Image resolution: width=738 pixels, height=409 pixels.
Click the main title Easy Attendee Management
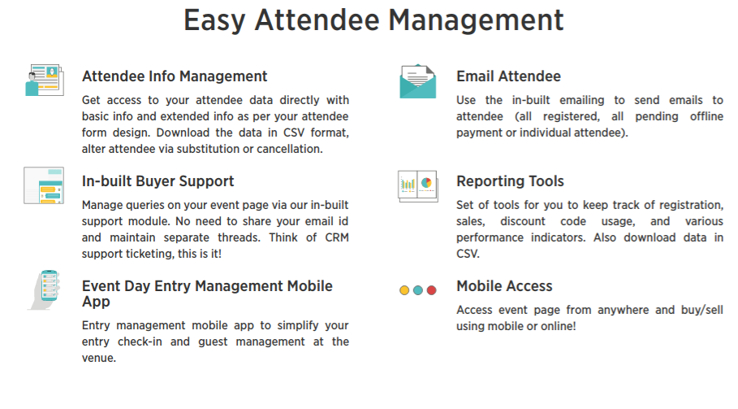(373, 20)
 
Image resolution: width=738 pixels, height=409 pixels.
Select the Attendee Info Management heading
(175, 76)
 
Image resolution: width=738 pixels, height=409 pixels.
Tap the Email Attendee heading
(508, 76)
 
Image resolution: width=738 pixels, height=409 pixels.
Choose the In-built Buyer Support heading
(158, 181)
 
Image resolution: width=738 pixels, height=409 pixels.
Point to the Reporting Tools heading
(510, 181)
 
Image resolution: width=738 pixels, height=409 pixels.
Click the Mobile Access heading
(504, 286)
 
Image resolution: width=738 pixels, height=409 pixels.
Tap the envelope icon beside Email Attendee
(418, 81)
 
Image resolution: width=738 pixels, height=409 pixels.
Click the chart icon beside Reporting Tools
(418, 186)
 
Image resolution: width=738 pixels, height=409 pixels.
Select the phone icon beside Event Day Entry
(45, 289)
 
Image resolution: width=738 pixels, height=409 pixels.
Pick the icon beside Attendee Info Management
(44, 80)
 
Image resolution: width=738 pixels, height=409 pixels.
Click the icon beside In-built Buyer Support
(44, 185)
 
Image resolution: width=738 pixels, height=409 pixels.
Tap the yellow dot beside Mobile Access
(404, 290)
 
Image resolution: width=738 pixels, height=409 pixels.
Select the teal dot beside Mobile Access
(418, 290)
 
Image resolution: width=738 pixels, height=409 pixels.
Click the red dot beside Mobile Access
(432, 290)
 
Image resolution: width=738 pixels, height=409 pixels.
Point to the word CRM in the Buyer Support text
(337, 237)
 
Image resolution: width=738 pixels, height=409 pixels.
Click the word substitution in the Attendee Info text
(208, 149)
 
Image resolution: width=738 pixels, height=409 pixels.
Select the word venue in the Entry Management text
(98, 358)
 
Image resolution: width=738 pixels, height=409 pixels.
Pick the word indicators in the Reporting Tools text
(559, 237)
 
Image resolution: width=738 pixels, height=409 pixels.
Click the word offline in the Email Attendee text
(706, 116)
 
